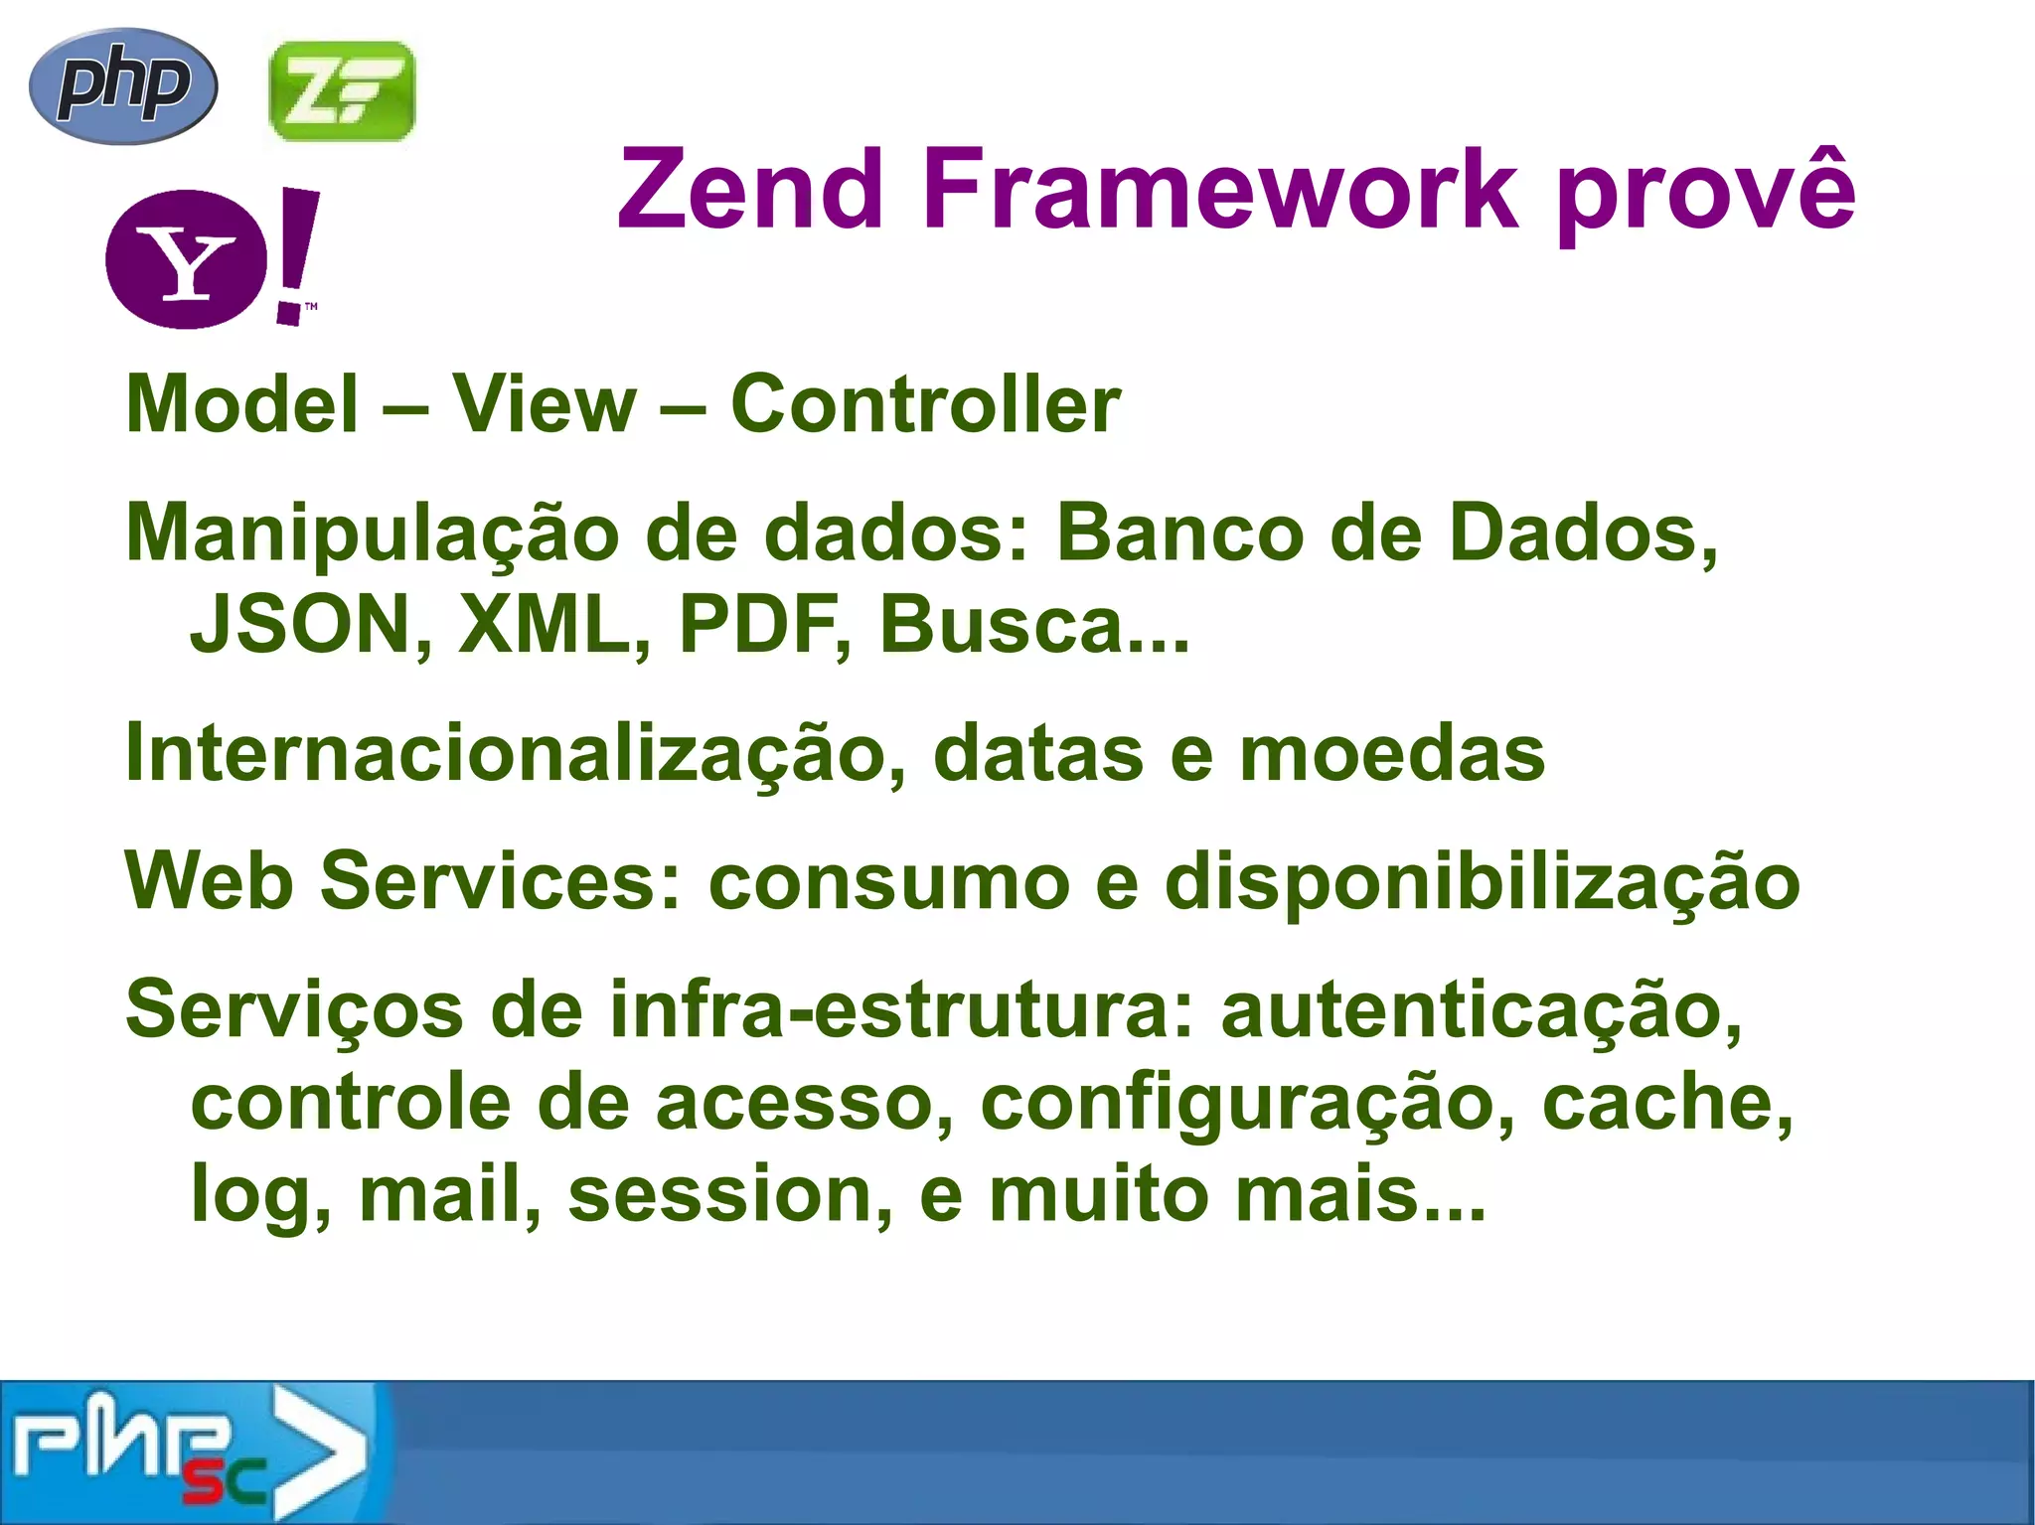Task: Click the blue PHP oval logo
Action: pos(123,86)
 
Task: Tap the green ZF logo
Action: pos(342,91)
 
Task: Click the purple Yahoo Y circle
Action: pos(186,259)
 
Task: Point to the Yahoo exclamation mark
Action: pos(295,256)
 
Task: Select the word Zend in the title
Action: pos(750,189)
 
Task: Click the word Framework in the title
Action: pos(1219,189)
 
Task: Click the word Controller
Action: pos(925,404)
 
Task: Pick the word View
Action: pos(545,404)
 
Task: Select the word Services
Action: pos(502,882)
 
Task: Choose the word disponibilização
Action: pos(1482,882)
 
